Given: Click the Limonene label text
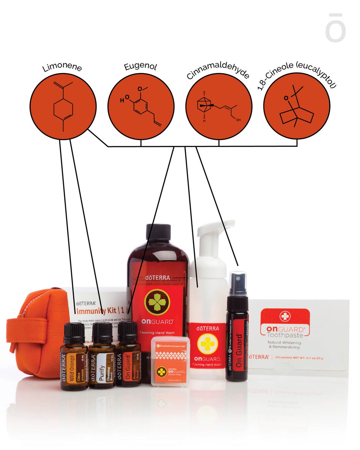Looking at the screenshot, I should [x=62, y=67].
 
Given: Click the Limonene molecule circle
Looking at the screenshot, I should [x=63, y=106].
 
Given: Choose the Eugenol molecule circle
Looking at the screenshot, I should [x=141, y=106].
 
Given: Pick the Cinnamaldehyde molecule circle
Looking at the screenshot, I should [x=219, y=106].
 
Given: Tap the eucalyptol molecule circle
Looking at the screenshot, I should [x=297, y=106].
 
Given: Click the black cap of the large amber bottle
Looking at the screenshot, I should [x=158, y=233].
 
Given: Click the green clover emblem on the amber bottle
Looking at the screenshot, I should [x=157, y=302].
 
